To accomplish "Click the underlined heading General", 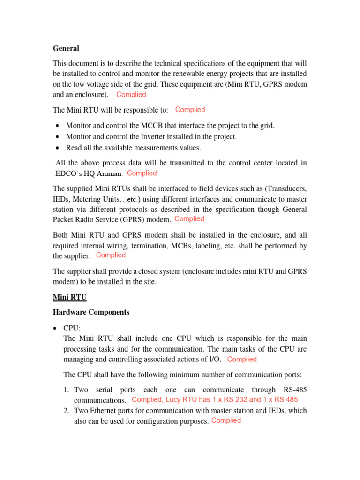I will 66,49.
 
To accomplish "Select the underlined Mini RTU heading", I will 70,297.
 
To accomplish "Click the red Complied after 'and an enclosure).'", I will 131,95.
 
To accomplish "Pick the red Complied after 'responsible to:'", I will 190,110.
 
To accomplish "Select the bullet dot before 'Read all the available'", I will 57,148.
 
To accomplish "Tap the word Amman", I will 110,173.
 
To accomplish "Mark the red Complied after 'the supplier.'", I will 111,255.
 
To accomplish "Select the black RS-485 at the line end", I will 295,390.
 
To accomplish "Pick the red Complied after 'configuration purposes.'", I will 226,421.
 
